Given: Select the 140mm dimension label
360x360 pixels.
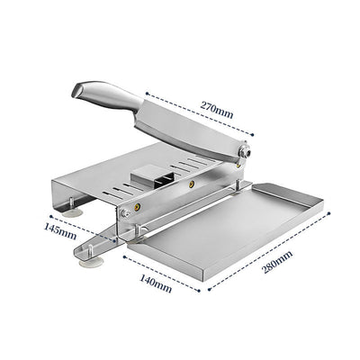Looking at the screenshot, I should [157, 286].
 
